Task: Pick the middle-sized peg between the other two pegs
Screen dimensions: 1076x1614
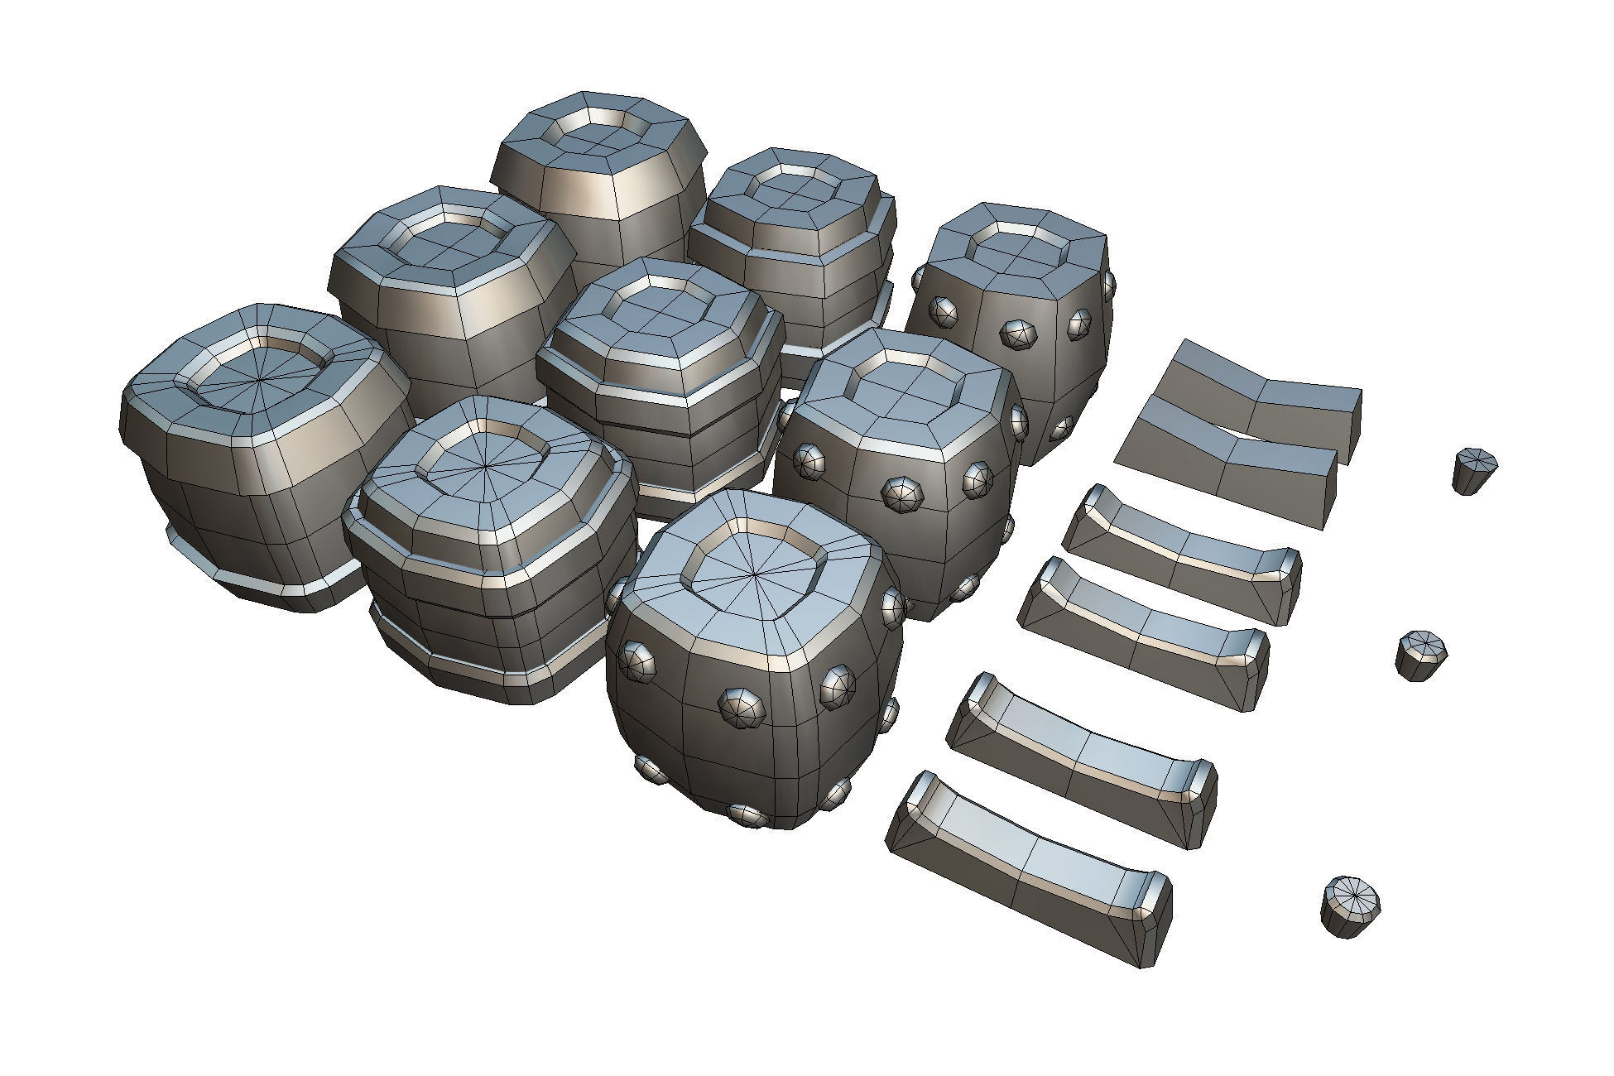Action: [x=1421, y=654]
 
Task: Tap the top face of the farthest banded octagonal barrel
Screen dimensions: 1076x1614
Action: [x=790, y=195]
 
